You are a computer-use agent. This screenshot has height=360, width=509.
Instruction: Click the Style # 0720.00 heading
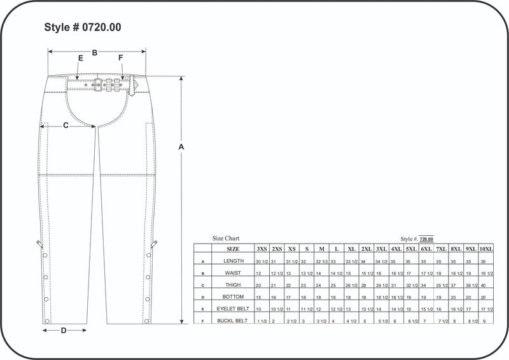pos(83,27)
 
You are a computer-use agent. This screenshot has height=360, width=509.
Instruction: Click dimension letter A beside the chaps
pos(181,147)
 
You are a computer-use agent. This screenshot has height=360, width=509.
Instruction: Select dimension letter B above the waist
pos(95,53)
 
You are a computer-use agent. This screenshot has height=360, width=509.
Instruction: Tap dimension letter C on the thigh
pos(66,125)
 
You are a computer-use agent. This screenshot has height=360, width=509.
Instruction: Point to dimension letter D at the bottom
pos(64,330)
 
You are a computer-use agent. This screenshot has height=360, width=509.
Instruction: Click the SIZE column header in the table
pos(233,249)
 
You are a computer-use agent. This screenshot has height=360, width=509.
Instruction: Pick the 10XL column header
pos(486,249)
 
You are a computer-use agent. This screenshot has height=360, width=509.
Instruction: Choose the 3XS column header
pos(261,249)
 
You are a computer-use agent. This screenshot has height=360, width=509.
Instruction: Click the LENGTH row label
pos(233,261)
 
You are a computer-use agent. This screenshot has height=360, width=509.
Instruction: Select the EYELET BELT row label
pos(233,308)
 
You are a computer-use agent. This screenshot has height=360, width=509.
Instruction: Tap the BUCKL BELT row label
pos(233,321)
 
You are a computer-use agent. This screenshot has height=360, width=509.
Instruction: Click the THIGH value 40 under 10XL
pos(484,285)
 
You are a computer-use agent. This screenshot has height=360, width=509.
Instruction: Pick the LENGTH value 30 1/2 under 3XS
pos(261,261)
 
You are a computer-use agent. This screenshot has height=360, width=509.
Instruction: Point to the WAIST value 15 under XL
pos(348,273)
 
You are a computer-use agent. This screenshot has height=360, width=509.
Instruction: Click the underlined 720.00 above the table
pos(426,239)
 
